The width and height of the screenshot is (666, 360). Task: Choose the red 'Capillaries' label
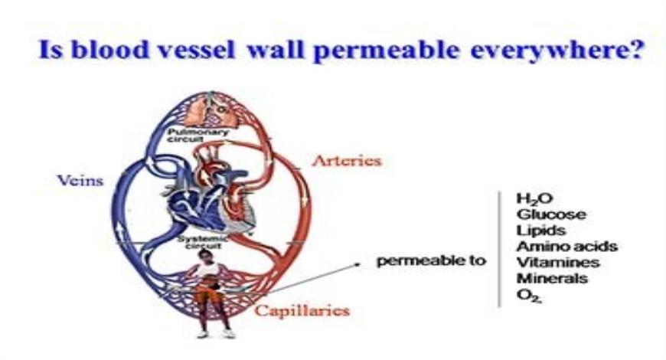tap(302, 310)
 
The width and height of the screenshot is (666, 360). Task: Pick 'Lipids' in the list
tap(540, 231)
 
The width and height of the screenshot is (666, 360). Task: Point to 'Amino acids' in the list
tap(566, 247)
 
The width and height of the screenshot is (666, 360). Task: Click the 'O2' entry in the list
tap(528, 294)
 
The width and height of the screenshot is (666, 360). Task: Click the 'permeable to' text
tap(431, 261)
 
